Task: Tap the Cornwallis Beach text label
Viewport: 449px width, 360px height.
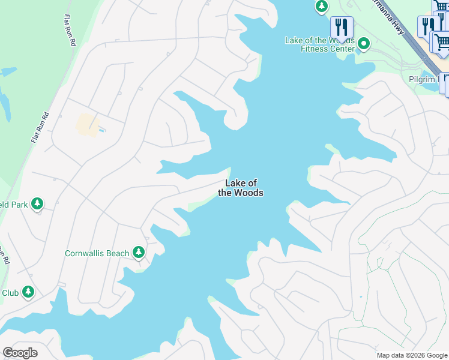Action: click(97, 253)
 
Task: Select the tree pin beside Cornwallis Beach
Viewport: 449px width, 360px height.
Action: click(139, 252)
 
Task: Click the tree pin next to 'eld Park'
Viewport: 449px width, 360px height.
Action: click(38, 204)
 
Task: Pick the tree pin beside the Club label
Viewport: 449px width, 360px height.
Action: click(28, 292)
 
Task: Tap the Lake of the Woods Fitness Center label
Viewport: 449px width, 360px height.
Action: click(319, 44)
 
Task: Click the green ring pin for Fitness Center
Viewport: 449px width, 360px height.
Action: click(364, 44)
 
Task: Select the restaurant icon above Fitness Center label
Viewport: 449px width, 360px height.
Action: click(342, 27)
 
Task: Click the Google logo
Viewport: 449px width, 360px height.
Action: click(20, 353)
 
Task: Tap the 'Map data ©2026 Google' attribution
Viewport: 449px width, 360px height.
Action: click(412, 355)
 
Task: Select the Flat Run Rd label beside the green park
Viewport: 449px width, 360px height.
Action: click(40, 126)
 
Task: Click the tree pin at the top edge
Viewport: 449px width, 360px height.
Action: click(322, 6)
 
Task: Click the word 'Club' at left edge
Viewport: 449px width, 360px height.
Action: click(10, 293)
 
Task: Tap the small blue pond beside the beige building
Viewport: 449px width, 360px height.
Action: click(102, 130)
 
